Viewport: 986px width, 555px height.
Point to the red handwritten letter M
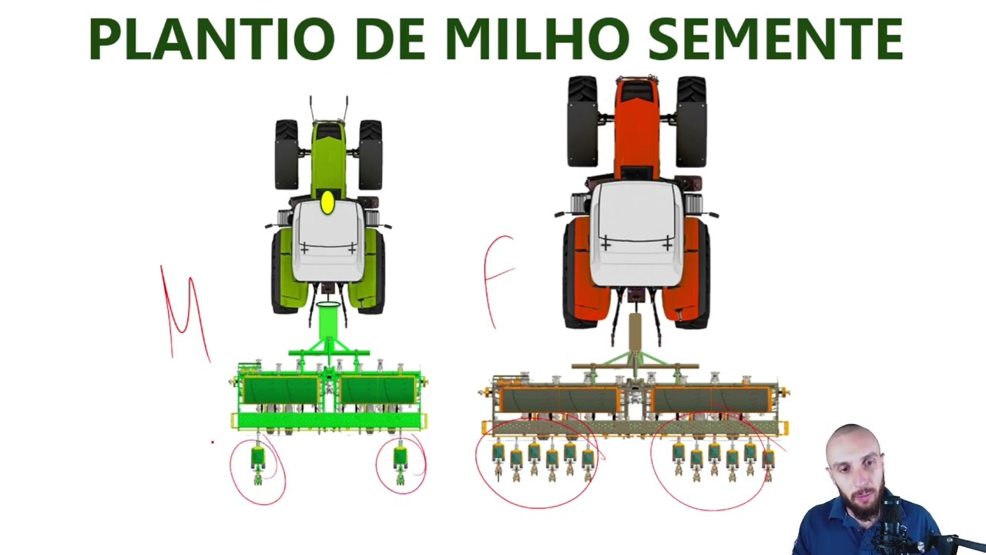184,312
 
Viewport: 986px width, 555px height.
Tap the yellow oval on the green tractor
327,203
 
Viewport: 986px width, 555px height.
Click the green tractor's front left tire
287,154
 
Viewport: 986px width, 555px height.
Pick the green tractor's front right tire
371,154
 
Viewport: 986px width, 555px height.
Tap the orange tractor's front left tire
582,121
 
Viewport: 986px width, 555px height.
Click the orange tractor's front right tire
691,121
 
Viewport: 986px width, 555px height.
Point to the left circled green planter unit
257,462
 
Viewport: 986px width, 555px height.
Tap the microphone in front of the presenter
894,524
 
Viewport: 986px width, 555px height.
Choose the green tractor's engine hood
328,154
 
